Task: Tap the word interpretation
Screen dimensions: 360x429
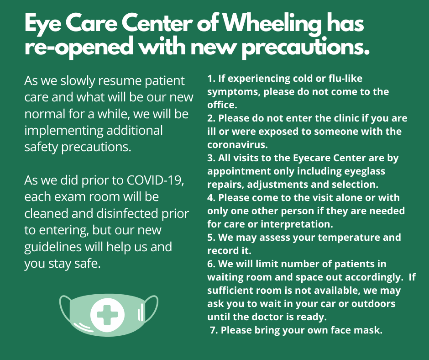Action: pos(300,224)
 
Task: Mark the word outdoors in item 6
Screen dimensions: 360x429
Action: pos(371,303)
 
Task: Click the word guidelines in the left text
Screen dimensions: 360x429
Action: pos(53,247)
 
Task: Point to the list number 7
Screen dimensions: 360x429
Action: pos(213,330)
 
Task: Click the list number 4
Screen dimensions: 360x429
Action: pos(211,198)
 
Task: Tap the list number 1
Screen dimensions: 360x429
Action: pos(210,79)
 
